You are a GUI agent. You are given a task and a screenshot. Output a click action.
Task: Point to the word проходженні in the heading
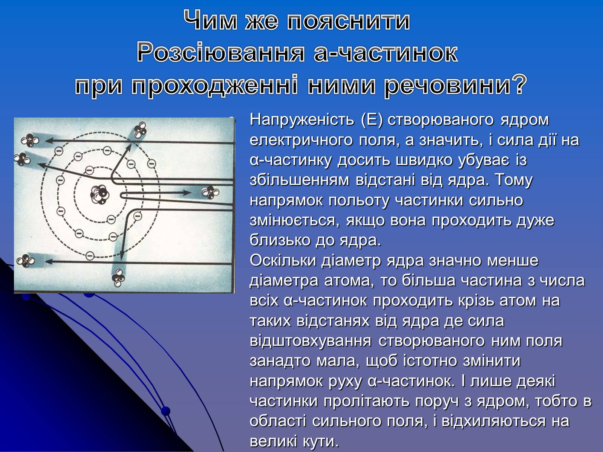tap(214, 86)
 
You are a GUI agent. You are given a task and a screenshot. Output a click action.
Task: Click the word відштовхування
tap(311, 341)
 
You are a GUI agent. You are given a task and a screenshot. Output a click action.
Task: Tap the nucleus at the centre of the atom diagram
tap(100, 195)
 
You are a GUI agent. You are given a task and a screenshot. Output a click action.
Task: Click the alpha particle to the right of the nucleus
tap(210, 192)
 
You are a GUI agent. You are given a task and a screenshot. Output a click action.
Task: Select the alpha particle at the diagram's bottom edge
tap(118, 278)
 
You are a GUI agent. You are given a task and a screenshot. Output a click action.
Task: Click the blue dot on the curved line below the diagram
tap(165, 411)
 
